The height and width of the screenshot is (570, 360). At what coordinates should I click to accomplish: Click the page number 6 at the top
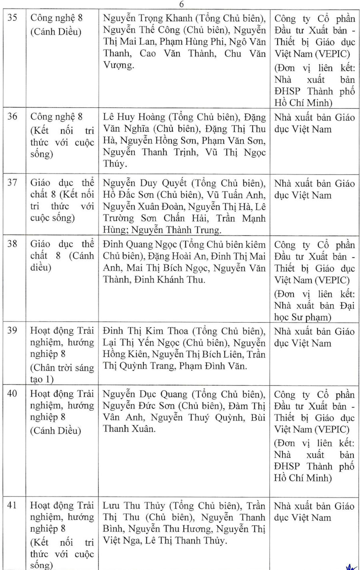point(182,4)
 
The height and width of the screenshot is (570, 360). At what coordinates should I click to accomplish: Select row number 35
point(12,18)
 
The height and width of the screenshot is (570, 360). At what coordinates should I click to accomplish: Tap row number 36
point(12,116)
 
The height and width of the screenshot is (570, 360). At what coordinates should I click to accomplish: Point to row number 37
point(12,183)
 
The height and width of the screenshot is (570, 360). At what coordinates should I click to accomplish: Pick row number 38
point(12,244)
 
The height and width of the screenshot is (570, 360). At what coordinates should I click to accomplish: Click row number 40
point(12,393)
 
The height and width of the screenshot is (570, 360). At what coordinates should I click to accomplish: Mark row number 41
point(12,505)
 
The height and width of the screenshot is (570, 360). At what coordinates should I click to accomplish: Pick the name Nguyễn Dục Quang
point(144,394)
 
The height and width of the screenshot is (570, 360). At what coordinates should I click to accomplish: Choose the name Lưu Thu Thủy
point(133,506)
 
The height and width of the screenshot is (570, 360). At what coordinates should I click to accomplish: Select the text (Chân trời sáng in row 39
point(62,368)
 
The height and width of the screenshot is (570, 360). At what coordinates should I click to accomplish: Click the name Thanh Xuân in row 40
point(128,429)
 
